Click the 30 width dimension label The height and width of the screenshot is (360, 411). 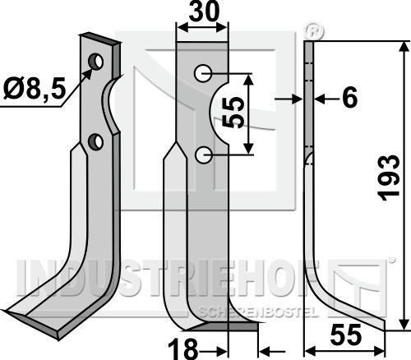tap(204, 12)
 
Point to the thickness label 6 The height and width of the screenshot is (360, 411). tap(350, 98)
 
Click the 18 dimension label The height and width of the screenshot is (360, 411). tap(182, 348)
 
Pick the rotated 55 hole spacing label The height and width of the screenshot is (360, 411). tap(233, 113)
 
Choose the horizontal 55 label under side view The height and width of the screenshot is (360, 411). tap(346, 335)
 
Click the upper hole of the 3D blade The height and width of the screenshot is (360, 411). tap(96, 62)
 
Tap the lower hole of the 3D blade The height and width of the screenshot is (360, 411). tap(95, 141)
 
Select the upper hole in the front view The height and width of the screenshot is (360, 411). tap(203, 73)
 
